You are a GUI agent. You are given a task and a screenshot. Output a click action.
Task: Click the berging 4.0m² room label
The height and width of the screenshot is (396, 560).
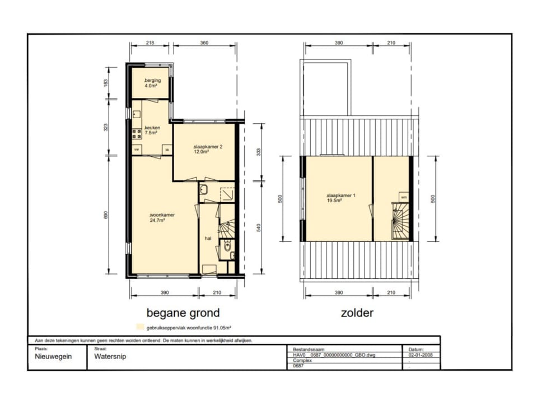coord(152,83)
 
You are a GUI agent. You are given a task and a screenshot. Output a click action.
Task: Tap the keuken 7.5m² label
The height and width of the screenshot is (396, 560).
coord(152,130)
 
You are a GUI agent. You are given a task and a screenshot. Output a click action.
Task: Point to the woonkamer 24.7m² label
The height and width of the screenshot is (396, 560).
coord(162,217)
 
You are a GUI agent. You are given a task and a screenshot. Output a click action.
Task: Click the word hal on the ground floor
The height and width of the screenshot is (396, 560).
coord(208,238)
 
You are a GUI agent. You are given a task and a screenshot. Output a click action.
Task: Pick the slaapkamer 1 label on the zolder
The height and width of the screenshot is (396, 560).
coord(340,198)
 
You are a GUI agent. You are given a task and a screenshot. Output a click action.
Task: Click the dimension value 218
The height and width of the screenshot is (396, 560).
coord(150,43)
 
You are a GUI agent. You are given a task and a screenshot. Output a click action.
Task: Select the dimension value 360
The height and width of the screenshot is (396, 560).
coord(204,43)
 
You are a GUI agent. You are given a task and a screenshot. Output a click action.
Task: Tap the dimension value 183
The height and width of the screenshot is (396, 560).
coord(105,83)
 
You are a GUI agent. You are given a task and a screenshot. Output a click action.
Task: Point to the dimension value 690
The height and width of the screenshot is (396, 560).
coord(105,215)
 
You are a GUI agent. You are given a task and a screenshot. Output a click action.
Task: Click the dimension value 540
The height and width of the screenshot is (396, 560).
coord(259,227)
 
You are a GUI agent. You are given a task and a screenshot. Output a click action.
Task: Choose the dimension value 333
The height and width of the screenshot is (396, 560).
coord(259,152)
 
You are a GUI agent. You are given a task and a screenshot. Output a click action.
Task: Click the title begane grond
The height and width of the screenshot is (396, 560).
coord(183,313)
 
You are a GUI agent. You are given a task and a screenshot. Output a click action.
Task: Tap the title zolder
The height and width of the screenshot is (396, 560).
coord(357,313)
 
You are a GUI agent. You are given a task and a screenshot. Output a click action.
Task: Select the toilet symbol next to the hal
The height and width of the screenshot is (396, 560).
coord(227,245)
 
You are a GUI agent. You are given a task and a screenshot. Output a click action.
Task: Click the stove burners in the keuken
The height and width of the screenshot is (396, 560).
coord(137,134)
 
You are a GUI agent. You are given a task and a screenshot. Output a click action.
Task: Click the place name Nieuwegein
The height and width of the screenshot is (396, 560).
coord(53,356)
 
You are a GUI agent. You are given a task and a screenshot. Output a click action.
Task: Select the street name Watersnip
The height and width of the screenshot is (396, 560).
coord(110,356)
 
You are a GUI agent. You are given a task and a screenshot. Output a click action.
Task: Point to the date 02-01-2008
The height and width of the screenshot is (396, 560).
coord(421,355)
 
